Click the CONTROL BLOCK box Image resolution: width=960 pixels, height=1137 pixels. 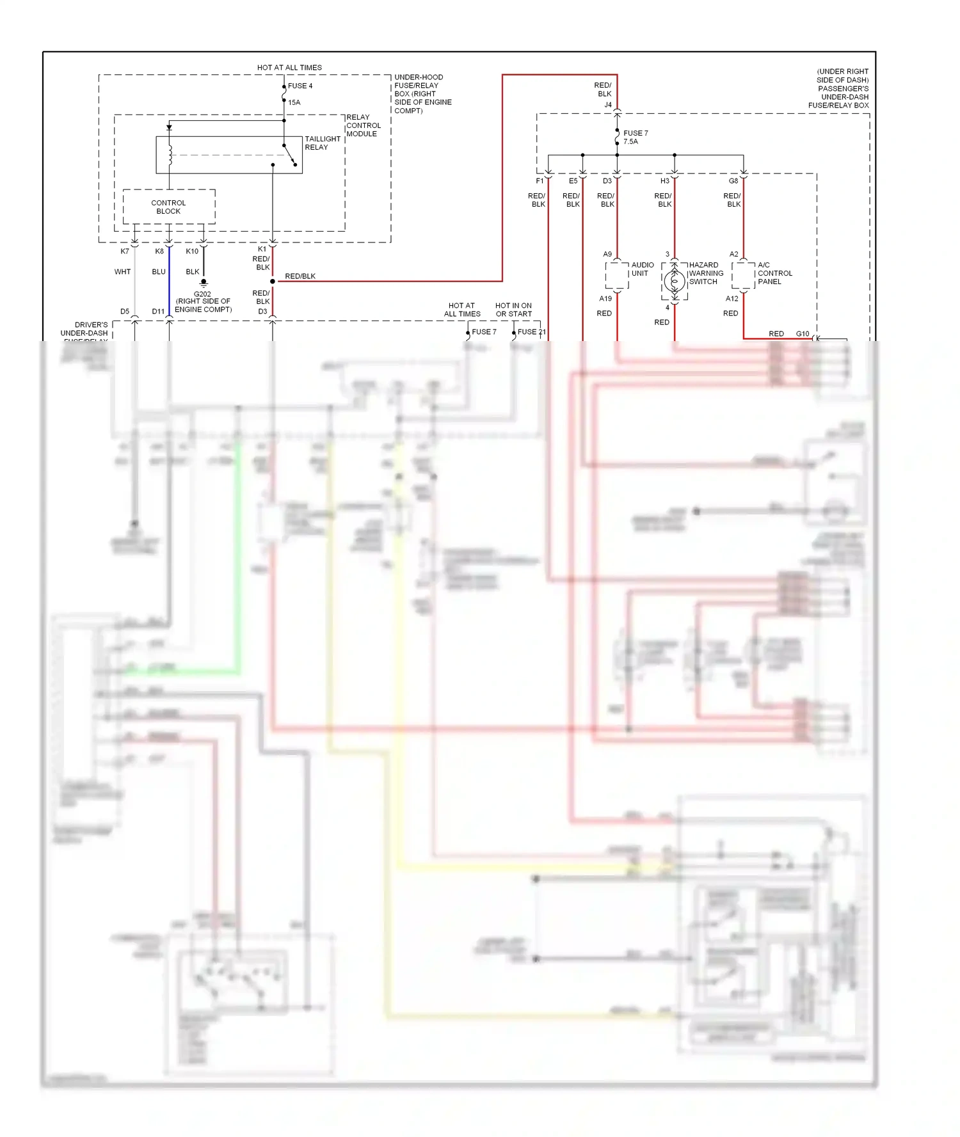point(168,207)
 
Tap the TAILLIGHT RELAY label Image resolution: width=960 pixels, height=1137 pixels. point(322,143)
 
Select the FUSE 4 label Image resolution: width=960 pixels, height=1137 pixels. point(300,86)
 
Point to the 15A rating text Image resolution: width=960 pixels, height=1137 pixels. point(294,102)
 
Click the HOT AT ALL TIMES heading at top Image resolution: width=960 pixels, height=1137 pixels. point(289,67)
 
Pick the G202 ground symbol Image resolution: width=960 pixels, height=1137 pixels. point(204,283)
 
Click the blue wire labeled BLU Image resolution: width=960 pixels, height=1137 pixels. point(169,282)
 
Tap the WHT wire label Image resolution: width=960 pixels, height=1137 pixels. point(122,272)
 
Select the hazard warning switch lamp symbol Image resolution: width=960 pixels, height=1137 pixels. point(674,280)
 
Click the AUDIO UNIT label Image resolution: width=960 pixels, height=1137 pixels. point(642,269)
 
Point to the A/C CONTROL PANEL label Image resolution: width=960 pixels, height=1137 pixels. point(774,273)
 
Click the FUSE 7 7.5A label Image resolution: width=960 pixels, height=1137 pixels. point(635,138)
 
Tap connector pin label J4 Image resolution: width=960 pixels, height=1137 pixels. point(608,105)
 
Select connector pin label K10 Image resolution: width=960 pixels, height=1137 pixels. point(192,251)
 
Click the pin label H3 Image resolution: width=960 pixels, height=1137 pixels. point(664,181)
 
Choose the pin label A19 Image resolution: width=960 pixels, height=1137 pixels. point(605,299)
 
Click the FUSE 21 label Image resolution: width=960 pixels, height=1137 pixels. point(531,332)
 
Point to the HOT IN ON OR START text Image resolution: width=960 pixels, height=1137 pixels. point(513,310)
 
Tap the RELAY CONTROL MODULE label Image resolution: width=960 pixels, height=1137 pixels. point(363,125)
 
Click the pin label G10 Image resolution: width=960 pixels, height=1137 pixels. point(802,334)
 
